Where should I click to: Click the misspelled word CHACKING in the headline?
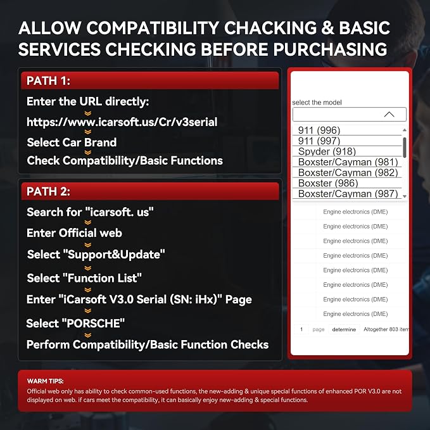pyautogui.click(x=269, y=28)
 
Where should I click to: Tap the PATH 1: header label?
pyautogui.click(x=48, y=80)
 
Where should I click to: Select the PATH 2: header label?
pyautogui.click(x=48, y=191)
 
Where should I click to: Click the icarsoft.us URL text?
pyautogui.click(x=122, y=122)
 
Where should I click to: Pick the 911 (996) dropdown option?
pyautogui.click(x=319, y=130)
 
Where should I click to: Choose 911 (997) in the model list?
pyautogui.click(x=319, y=141)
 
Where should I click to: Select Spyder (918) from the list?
pyautogui.click(x=327, y=151)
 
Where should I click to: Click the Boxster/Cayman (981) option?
pyautogui.click(x=348, y=162)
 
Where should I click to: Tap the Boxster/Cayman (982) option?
pyautogui.click(x=348, y=173)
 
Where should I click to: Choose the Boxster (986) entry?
pyautogui.click(x=328, y=183)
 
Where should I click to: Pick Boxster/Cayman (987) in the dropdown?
pyautogui.click(x=348, y=194)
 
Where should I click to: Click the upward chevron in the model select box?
pyautogui.click(x=389, y=114)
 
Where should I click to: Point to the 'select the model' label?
pyautogui.click(x=317, y=103)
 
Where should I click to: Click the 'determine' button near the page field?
pyautogui.click(x=344, y=329)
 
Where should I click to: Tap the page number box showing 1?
pyautogui.click(x=301, y=329)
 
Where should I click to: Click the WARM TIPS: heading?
pyautogui.click(x=45, y=381)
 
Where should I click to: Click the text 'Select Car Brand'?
pyautogui.click(x=72, y=142)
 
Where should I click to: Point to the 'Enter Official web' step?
pyautogui.click(x=74, y=233)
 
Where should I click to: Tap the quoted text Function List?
pyautogui.click(x=103, y=278)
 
